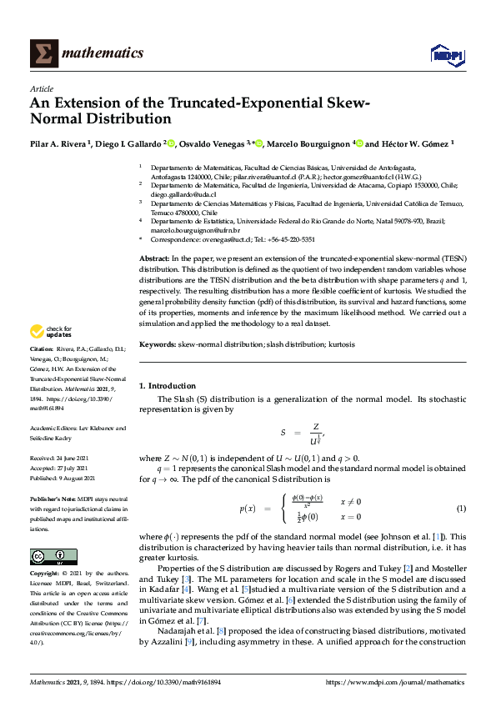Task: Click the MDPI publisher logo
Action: tap(446, 54)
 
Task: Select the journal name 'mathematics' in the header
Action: tap(105, 53)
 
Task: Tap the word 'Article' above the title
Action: tap(41, 88)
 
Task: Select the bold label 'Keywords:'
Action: tap(157, 343)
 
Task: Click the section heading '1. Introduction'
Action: tap(167, 386)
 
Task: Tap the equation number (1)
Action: tap(460, 509)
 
